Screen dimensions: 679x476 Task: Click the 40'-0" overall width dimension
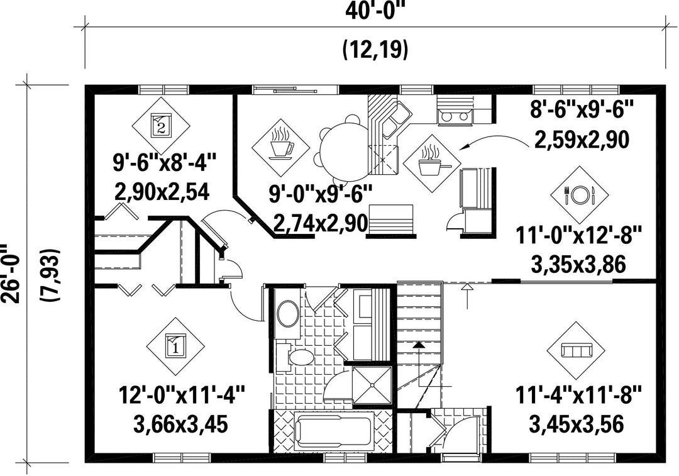point(375,10)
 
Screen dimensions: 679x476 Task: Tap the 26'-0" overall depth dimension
point(10,274)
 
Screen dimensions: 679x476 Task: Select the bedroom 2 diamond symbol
point(161,126)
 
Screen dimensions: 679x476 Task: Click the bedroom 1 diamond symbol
point(175,347)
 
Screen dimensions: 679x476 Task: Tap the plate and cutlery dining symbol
point(580,195)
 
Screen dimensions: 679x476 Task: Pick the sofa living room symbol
point(577,350)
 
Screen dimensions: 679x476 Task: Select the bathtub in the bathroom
point(334,431)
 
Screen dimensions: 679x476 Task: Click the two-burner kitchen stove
point(453,116)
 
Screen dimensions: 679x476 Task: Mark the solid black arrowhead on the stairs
point(418,345)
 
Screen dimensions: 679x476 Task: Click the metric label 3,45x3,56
point(577,424)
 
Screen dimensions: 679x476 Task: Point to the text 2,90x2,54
point(162,192)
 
